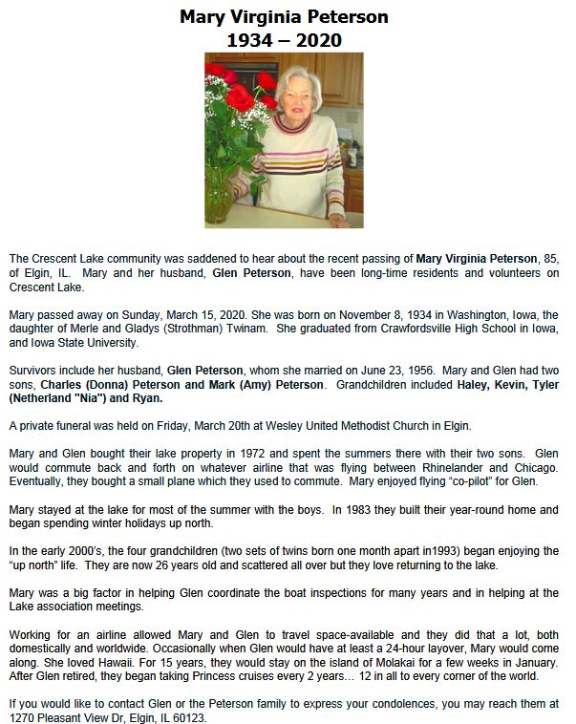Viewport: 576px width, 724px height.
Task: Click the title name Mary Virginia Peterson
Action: pyautogui.click(x=284, y=17)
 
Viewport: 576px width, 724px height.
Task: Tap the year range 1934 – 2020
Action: pyautogui.click(x=284, y=40)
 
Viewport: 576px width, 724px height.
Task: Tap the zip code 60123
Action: pyautogui.click(x=189, y=717)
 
